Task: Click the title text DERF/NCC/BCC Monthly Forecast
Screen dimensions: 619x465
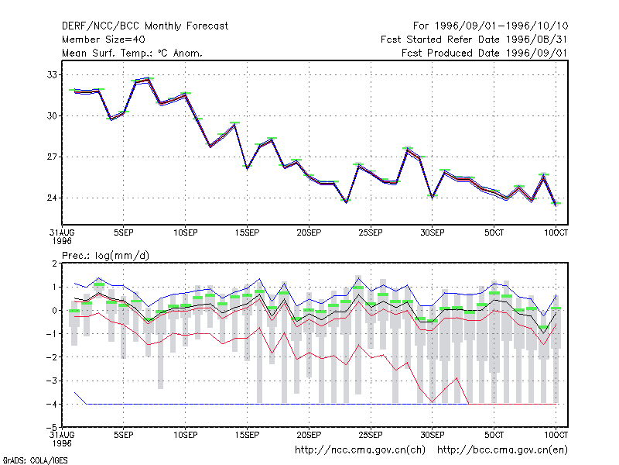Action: tap(145, 26)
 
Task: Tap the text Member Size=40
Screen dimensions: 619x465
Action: tap(104, 40)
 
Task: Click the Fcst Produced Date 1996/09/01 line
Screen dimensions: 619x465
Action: tap(484, 53)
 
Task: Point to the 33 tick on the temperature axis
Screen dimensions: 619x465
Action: tap(52, 74)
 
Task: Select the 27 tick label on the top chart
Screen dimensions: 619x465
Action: tap(52, 157)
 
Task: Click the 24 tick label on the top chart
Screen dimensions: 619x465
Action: tap(52, 198)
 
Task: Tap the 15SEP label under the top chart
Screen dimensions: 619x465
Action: tap(247, 232)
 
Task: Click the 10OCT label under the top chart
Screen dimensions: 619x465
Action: tap(556, 232)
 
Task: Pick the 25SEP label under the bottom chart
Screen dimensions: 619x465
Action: tap(371, 435)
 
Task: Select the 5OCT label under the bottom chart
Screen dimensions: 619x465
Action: tap(494, 435)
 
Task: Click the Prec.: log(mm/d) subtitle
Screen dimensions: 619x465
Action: tap(105, 256)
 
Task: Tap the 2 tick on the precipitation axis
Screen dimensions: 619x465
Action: tap(54, 263)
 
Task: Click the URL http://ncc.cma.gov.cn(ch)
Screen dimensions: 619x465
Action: tap(360, 450)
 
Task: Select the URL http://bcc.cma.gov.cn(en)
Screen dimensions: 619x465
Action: tap(502, 450)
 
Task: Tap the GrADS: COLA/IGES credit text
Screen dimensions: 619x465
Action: tap(35, 460)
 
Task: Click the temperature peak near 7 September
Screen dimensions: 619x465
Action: tap(148, 79)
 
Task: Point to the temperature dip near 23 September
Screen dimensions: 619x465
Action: tap(346, 202)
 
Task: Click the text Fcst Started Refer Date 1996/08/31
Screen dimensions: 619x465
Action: tap(474, 40)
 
